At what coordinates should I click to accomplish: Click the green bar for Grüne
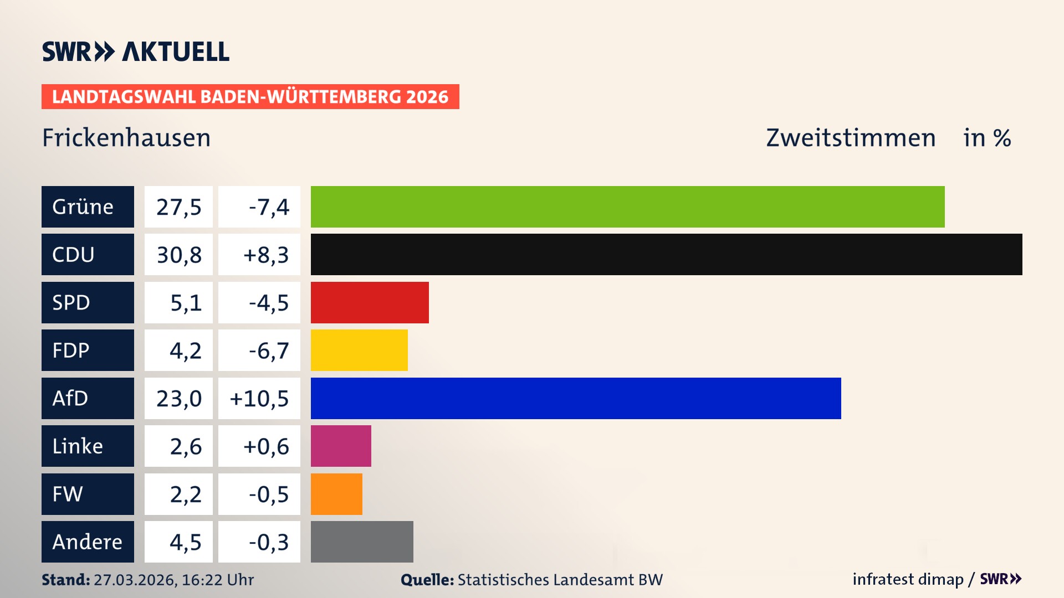tap(627, 207)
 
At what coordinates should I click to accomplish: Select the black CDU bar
tap(666, 254)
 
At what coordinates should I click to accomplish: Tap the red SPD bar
tap(370, 302)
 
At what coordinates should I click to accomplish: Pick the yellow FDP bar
tap(359, 350)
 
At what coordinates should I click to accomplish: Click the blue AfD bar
tap(576, 398)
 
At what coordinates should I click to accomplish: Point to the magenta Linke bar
tap(341, 446)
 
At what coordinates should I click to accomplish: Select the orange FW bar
tap(336, 494)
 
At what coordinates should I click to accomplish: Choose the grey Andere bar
tap(362, 542)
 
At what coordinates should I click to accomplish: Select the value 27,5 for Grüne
tap(178, 207)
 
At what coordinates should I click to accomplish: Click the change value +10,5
tap(259, 398)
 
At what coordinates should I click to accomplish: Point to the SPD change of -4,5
tap(268, 302)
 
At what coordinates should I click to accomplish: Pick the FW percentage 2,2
tap(185, 494)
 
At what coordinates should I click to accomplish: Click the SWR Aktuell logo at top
tap(136, 51)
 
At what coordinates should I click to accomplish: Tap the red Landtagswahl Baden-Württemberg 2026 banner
tap(250, 96)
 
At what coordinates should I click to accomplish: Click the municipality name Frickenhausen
tap(126, 138)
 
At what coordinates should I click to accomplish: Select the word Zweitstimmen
tap(851, 138)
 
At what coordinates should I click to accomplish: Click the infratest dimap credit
tap(908, 579)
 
